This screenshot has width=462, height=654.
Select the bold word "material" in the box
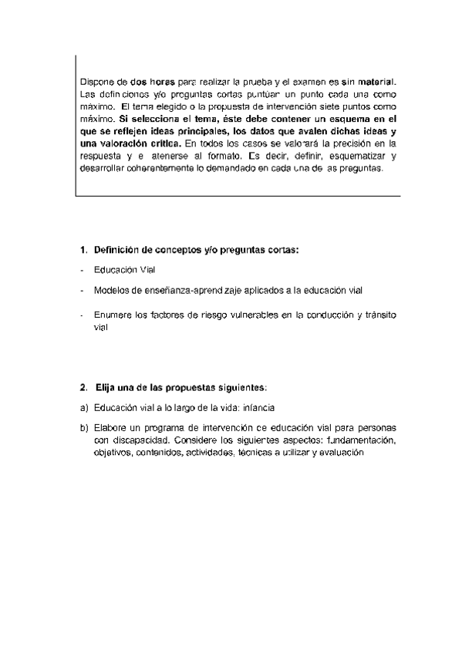tap(377, 81)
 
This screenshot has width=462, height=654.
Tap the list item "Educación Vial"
tap(125, 270)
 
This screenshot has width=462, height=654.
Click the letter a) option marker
tap(83, 406)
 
